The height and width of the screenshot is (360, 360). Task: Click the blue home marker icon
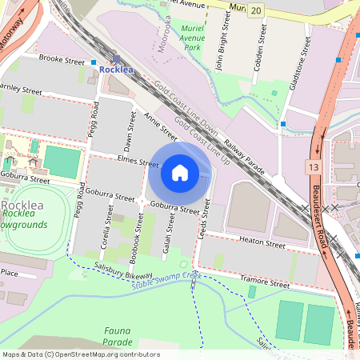tap(180, 173)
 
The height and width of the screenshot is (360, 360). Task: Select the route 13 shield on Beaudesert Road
tap(310, 166)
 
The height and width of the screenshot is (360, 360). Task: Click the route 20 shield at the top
tap(256, 9)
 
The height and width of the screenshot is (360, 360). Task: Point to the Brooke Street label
tap(61, 60)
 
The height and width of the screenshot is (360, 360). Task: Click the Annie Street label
tap(160, 126)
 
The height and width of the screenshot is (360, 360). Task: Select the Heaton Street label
tap(262, 242)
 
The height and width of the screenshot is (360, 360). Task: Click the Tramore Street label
tap(265, 283)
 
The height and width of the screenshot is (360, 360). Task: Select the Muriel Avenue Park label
tap(192, 38)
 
